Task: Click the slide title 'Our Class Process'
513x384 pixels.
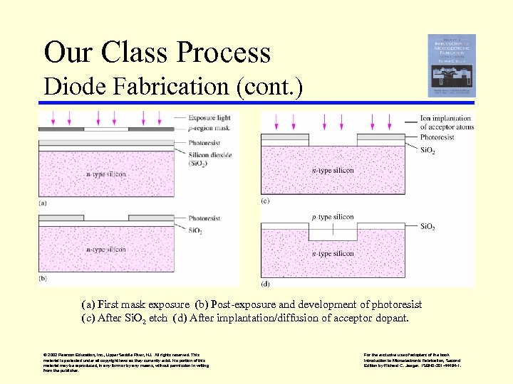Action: coord(157,53)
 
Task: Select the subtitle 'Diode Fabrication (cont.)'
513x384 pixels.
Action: coord(173,87)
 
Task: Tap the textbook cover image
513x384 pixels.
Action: coord(451,65)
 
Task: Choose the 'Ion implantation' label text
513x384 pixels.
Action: coord(445,119)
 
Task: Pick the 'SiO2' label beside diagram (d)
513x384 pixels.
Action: coord(427,227)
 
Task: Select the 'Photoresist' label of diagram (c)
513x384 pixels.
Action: coord(437,137)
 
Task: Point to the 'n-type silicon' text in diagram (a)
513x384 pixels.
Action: coord(106,174)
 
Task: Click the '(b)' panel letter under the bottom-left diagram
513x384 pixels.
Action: coord(43,279)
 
